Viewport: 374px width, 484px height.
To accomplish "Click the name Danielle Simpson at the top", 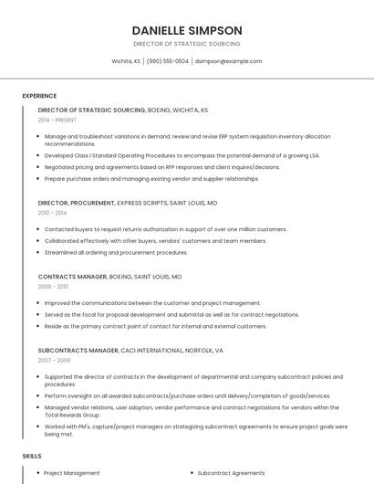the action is [186, 30].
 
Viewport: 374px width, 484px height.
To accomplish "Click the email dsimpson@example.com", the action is [228, 61].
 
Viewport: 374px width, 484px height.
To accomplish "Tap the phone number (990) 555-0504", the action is [168, 61].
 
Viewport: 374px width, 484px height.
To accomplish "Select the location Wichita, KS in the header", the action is [126, 61].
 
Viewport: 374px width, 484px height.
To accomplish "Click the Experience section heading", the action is [39, 96].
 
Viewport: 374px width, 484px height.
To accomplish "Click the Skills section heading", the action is [32, 456].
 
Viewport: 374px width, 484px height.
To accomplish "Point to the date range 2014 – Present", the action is [57, 120].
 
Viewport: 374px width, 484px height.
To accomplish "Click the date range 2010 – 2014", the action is [52, 212].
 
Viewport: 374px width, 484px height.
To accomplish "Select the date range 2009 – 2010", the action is [53, 286].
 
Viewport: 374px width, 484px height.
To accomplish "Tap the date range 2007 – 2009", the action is [53, 360].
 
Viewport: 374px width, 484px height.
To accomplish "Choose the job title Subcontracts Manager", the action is [78, 350].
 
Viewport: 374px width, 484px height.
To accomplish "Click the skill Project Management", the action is [72, 473].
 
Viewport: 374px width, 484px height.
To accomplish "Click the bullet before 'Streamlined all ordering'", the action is [40, 253].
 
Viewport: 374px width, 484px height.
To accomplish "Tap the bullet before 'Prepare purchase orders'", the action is [40, 179].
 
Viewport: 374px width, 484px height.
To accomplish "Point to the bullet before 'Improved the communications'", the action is [40, 303].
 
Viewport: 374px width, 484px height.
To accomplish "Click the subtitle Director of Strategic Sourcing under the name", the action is [186, 44].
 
